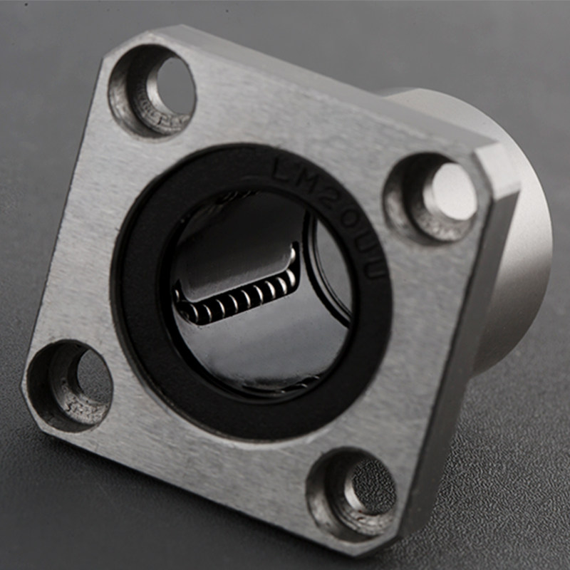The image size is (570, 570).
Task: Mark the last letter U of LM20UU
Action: [x=377, y=268]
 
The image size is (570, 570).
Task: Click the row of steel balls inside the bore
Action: [x=235, y=303]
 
